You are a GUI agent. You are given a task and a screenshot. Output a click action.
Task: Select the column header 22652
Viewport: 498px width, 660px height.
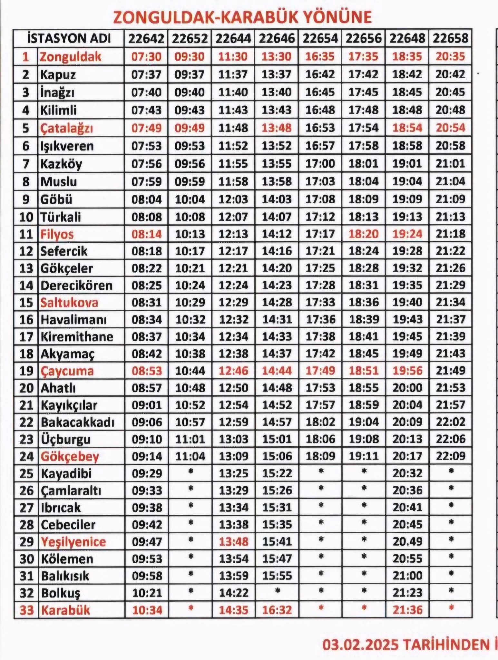click(x=190, y=39)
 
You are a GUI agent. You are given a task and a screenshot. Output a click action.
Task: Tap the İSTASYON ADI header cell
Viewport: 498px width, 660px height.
click(x=69, y=39)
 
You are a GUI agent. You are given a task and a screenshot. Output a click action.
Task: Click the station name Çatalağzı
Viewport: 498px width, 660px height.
click(x=66, y=128)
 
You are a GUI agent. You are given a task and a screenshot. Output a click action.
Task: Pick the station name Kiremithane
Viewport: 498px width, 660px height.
click(x=77, y=337)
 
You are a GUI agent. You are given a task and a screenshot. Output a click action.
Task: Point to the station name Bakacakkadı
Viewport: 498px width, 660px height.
click(x=77, y=422)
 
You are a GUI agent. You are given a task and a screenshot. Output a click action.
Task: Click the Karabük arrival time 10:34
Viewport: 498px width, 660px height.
click(x=147, y=610)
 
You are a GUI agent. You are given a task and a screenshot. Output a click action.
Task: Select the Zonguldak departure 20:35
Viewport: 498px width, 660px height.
click(x=450, y=57)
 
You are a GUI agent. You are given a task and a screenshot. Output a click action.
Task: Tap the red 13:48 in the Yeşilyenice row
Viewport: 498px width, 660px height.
click(x=233, y=541)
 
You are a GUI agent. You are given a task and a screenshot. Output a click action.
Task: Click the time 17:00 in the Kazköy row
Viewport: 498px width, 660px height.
click(x=320, y=164)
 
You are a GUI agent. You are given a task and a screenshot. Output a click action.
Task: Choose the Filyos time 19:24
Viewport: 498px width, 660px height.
click(x=407, y=234)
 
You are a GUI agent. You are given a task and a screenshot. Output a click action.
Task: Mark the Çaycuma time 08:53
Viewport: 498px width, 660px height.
click(x=147, y=371)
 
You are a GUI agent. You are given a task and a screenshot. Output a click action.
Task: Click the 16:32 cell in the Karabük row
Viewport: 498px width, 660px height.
click(x=277, y=610)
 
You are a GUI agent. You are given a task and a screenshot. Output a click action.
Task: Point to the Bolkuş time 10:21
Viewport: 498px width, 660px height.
click(x=147, y=593)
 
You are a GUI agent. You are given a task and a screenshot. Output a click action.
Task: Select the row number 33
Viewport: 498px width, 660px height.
click(x=26, y=610)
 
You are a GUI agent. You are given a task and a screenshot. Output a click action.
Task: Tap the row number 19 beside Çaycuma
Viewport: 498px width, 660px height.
click(x=26, y=371)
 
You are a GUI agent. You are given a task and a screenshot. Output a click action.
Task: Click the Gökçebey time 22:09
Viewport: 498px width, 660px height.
click(x=451, y=456)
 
